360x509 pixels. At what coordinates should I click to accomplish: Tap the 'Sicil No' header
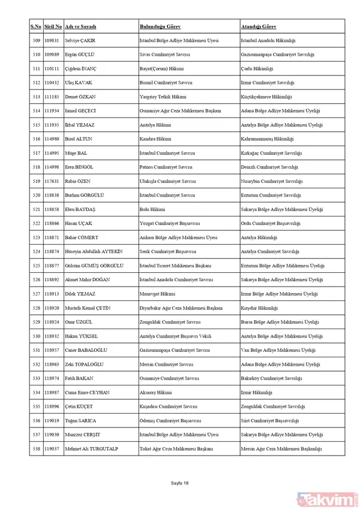53,27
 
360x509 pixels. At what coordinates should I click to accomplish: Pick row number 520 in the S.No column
36,195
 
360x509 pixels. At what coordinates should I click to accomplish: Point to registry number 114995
52,153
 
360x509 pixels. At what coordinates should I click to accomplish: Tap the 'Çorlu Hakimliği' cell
256,69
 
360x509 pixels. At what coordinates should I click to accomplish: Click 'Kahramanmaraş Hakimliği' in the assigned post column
267,139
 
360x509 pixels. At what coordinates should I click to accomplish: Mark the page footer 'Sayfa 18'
179,483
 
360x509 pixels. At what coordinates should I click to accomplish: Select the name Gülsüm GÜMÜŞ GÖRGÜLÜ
94,265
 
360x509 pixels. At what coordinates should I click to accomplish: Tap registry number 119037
52,447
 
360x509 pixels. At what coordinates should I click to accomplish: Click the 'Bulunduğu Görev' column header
160,27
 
